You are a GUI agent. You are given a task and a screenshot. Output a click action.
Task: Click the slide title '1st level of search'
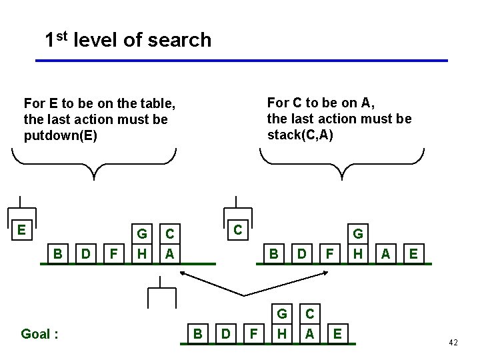tap(127, 40)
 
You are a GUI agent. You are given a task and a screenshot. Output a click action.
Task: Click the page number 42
tap(453, 342)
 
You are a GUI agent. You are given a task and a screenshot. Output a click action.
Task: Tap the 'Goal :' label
tap(39, 333)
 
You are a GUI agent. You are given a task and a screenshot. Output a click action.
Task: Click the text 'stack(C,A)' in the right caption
tap(300, 135)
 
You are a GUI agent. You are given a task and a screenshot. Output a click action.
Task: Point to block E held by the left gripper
tap(22, 231)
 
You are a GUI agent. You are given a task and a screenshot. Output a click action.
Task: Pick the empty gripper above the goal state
tap(161, 293)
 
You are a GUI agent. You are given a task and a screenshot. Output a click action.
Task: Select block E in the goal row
tap(337, 333)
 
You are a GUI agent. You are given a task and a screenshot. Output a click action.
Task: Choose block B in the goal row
tap(197, 333)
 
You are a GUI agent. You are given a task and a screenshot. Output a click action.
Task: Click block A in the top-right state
tap(385, 253)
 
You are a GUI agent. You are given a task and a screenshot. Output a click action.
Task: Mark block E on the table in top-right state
tap(413, 253)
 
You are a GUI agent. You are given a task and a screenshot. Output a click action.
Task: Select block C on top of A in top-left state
tap(170, 235)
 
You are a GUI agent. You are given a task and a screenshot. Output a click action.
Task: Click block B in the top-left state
tap(58, 253)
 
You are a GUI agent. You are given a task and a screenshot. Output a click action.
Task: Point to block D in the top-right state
tap(301, 253)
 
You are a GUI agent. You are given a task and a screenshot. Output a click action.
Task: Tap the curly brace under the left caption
tap(94, 163)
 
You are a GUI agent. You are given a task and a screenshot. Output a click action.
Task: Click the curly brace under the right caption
tap(341, 163)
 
